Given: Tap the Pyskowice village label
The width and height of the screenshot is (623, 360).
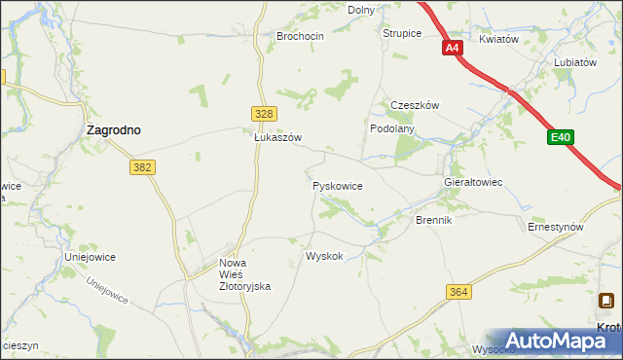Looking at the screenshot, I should [x=338, y=184].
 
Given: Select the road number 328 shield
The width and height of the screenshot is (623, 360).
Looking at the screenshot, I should [x=262, y=114].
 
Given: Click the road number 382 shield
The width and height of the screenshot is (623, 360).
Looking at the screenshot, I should [x=142, y=167].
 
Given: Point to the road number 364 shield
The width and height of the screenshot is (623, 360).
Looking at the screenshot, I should [x=459, y=292].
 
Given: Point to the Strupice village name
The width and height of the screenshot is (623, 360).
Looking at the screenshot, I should [x=401, y=33].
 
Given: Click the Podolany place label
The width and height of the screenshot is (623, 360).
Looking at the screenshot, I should [x=392, y=128].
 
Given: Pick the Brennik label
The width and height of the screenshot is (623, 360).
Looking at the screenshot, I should [x=434, y=221].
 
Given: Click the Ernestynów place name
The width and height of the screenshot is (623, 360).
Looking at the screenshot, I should [x=555, y=227].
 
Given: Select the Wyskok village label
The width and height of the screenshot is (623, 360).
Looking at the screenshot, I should [x=324, y=257].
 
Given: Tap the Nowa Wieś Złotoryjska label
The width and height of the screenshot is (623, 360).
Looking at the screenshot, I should [x=242, y=274].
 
